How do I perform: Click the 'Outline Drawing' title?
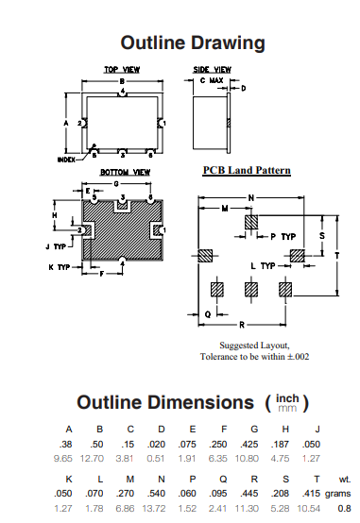(x=193, y=43)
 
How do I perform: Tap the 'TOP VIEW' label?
(x=122, y=69)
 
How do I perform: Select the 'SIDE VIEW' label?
(x=212, y=69)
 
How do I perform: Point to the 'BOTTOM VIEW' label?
(x=126, y=172)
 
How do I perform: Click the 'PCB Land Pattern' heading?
(x=247, y=171)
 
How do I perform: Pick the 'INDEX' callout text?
(x=66, y=160)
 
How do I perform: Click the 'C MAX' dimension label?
(x=212, y=81)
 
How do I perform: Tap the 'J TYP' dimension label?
(x=56, y=246)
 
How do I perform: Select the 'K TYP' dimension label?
(x=60, y=267)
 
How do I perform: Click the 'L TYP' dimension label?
(x=264, y=266)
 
